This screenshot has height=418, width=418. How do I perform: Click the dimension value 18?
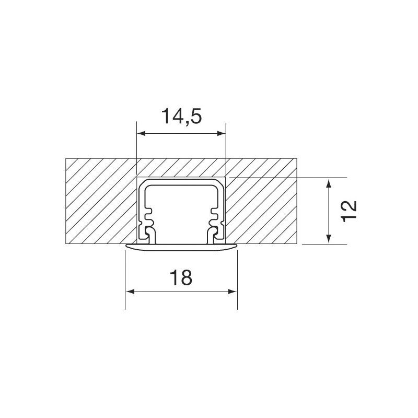click(181, 278)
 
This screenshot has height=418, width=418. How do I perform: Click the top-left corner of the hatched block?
click(65, 158)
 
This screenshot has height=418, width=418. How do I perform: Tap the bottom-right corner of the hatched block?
click(297, 243)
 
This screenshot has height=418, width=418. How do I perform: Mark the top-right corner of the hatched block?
click(297, 158)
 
